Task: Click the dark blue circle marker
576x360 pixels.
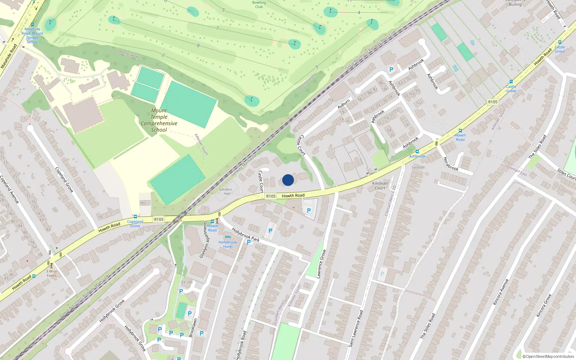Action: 288,180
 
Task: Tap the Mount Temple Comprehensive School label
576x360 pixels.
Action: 159,120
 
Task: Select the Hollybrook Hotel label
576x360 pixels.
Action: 228,244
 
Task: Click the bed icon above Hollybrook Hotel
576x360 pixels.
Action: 228,237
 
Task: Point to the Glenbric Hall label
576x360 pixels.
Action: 226,192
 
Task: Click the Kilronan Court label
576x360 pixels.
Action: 380,185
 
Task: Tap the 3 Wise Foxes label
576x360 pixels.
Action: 51,274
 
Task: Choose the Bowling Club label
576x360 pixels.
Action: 259,5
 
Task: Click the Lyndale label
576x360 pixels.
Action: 418,167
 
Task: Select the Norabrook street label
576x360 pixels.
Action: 451,164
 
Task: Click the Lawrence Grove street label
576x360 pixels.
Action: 321,264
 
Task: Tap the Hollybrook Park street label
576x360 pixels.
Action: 246,234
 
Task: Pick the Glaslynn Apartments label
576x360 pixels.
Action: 204,240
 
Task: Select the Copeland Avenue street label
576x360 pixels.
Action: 10,189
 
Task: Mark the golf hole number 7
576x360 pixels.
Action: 217,28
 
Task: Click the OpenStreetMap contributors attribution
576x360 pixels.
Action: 548,356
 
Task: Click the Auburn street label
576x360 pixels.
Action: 343,104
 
